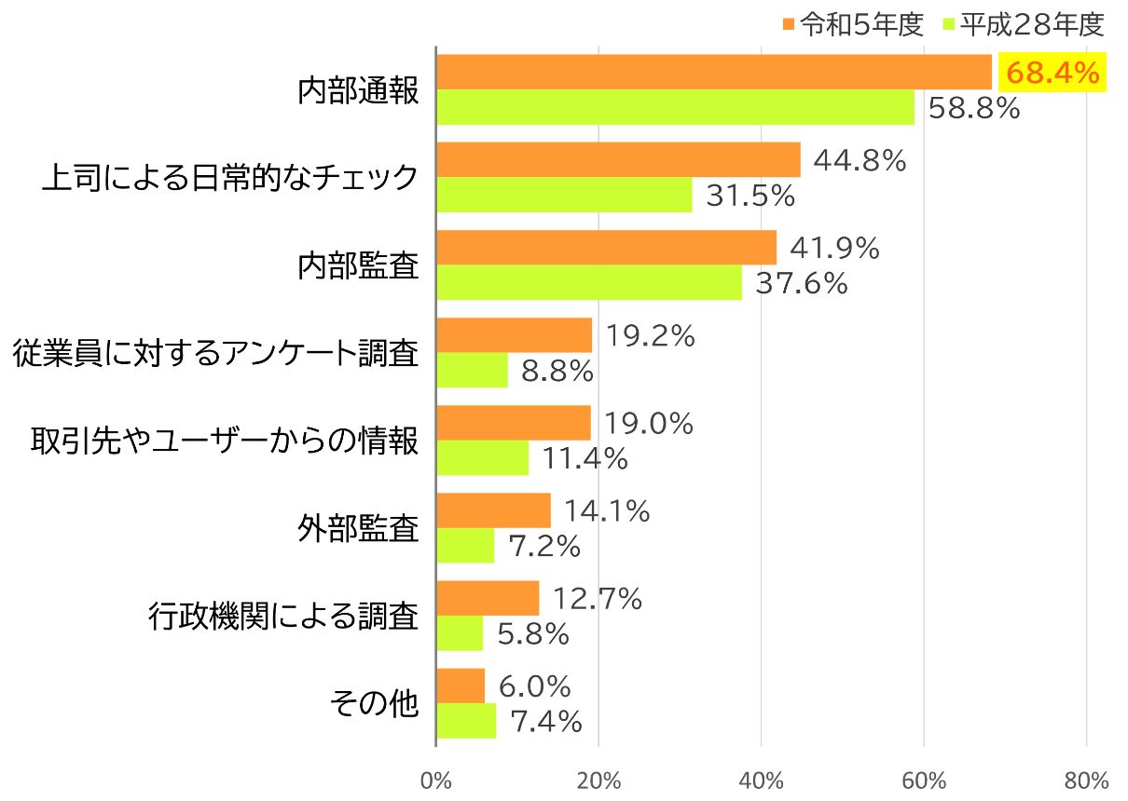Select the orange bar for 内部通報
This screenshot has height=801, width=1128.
tap(714, 72)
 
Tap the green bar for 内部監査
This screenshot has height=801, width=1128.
tap(589, 283)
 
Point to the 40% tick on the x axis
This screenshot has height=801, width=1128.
tap(761, 780)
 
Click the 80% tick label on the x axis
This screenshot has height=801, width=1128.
tap(1086, 780)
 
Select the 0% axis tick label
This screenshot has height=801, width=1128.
tap(435, 780)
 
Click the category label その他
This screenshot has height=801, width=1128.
tap(375, 704)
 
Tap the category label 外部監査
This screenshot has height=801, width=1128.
tap(358, 529)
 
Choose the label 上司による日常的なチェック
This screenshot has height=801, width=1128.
tap(230, 178)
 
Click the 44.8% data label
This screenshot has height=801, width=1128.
tap(860, 161)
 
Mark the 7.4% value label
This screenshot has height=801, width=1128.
tap(546, 721)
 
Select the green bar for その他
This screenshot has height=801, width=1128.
tap(466, 721)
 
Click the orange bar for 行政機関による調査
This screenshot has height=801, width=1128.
tap(488, 598)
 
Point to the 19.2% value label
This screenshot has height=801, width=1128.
tap(650, 336)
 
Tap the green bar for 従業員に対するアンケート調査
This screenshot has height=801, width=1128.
tap(472, 371)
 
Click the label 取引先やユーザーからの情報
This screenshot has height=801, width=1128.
tap(224, 441)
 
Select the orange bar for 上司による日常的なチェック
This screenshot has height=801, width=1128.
tap(618, 160)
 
